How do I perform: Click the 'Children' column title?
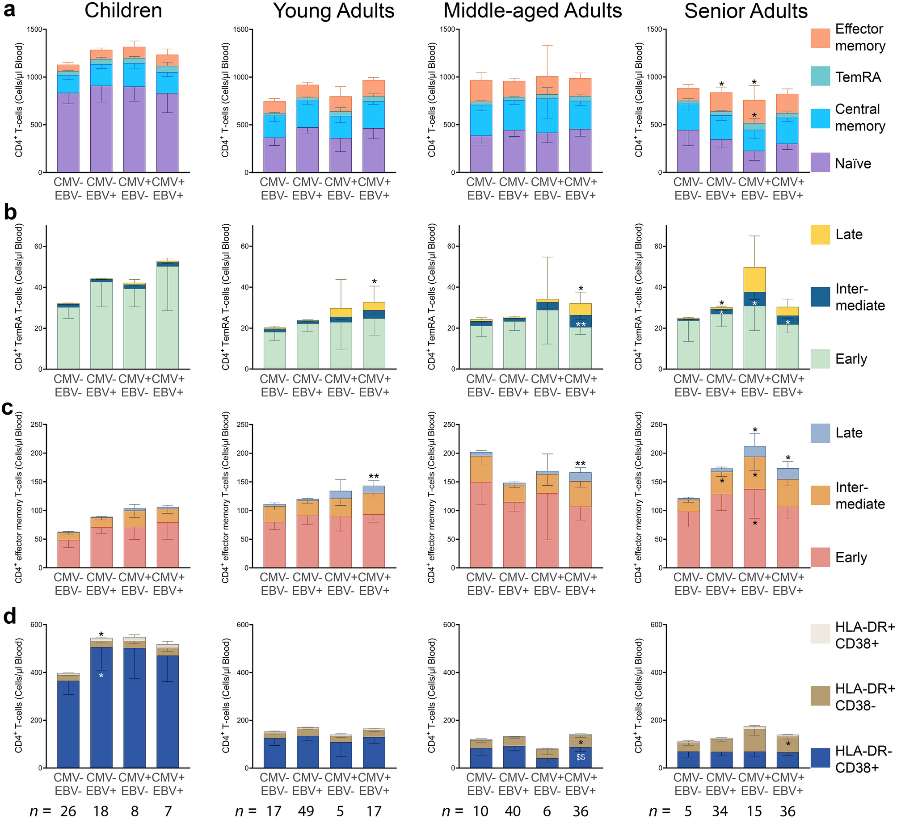tap(123, 11)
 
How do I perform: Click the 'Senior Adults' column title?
tap(745, 11)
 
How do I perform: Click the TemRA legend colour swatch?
tap(820, 76)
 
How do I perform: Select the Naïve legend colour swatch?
tap(820, 162)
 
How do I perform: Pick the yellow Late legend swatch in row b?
tap(820, 235)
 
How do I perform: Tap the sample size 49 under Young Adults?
tap(307, 811)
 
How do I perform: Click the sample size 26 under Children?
tap(68, 811)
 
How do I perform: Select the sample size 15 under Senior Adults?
tap(754, 811)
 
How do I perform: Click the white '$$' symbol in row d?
tap(581, 757)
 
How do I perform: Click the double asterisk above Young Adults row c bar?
tap(374, 477)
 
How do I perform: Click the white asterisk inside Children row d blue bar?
tap(101, 676)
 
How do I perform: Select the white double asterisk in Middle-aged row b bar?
tap(581, 324)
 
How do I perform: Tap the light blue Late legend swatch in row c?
tap(820, 433)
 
